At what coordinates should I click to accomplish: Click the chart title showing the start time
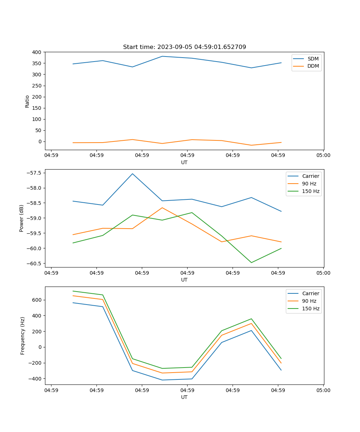coord(184,47)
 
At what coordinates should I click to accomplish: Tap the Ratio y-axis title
coord(27,101)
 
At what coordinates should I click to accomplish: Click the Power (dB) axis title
coord(22,218)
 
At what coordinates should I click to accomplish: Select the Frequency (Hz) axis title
coord(22,336)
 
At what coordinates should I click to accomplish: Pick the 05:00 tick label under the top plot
coord(323,156)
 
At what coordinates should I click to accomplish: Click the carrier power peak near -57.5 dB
coord(132,174)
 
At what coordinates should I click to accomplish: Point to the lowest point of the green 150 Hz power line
coord(251,262)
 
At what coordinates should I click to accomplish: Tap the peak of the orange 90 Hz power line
coord(162,208)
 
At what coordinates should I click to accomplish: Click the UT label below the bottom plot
coord(184,397)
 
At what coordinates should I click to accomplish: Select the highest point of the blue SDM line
coord(162,56)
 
